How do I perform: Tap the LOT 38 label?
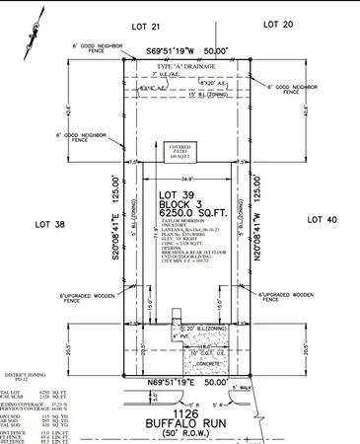pos(64,223)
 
